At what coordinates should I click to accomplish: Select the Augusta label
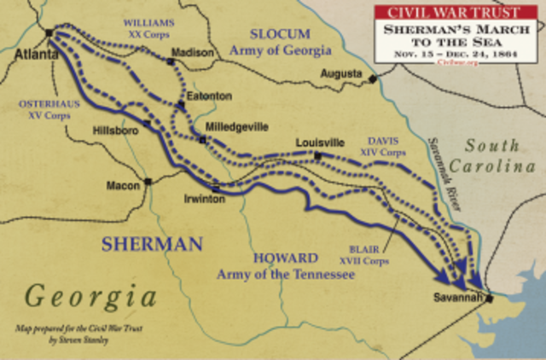[340, 73]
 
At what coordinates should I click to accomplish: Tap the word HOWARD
[279, 257]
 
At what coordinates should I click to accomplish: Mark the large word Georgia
[91, 295]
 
